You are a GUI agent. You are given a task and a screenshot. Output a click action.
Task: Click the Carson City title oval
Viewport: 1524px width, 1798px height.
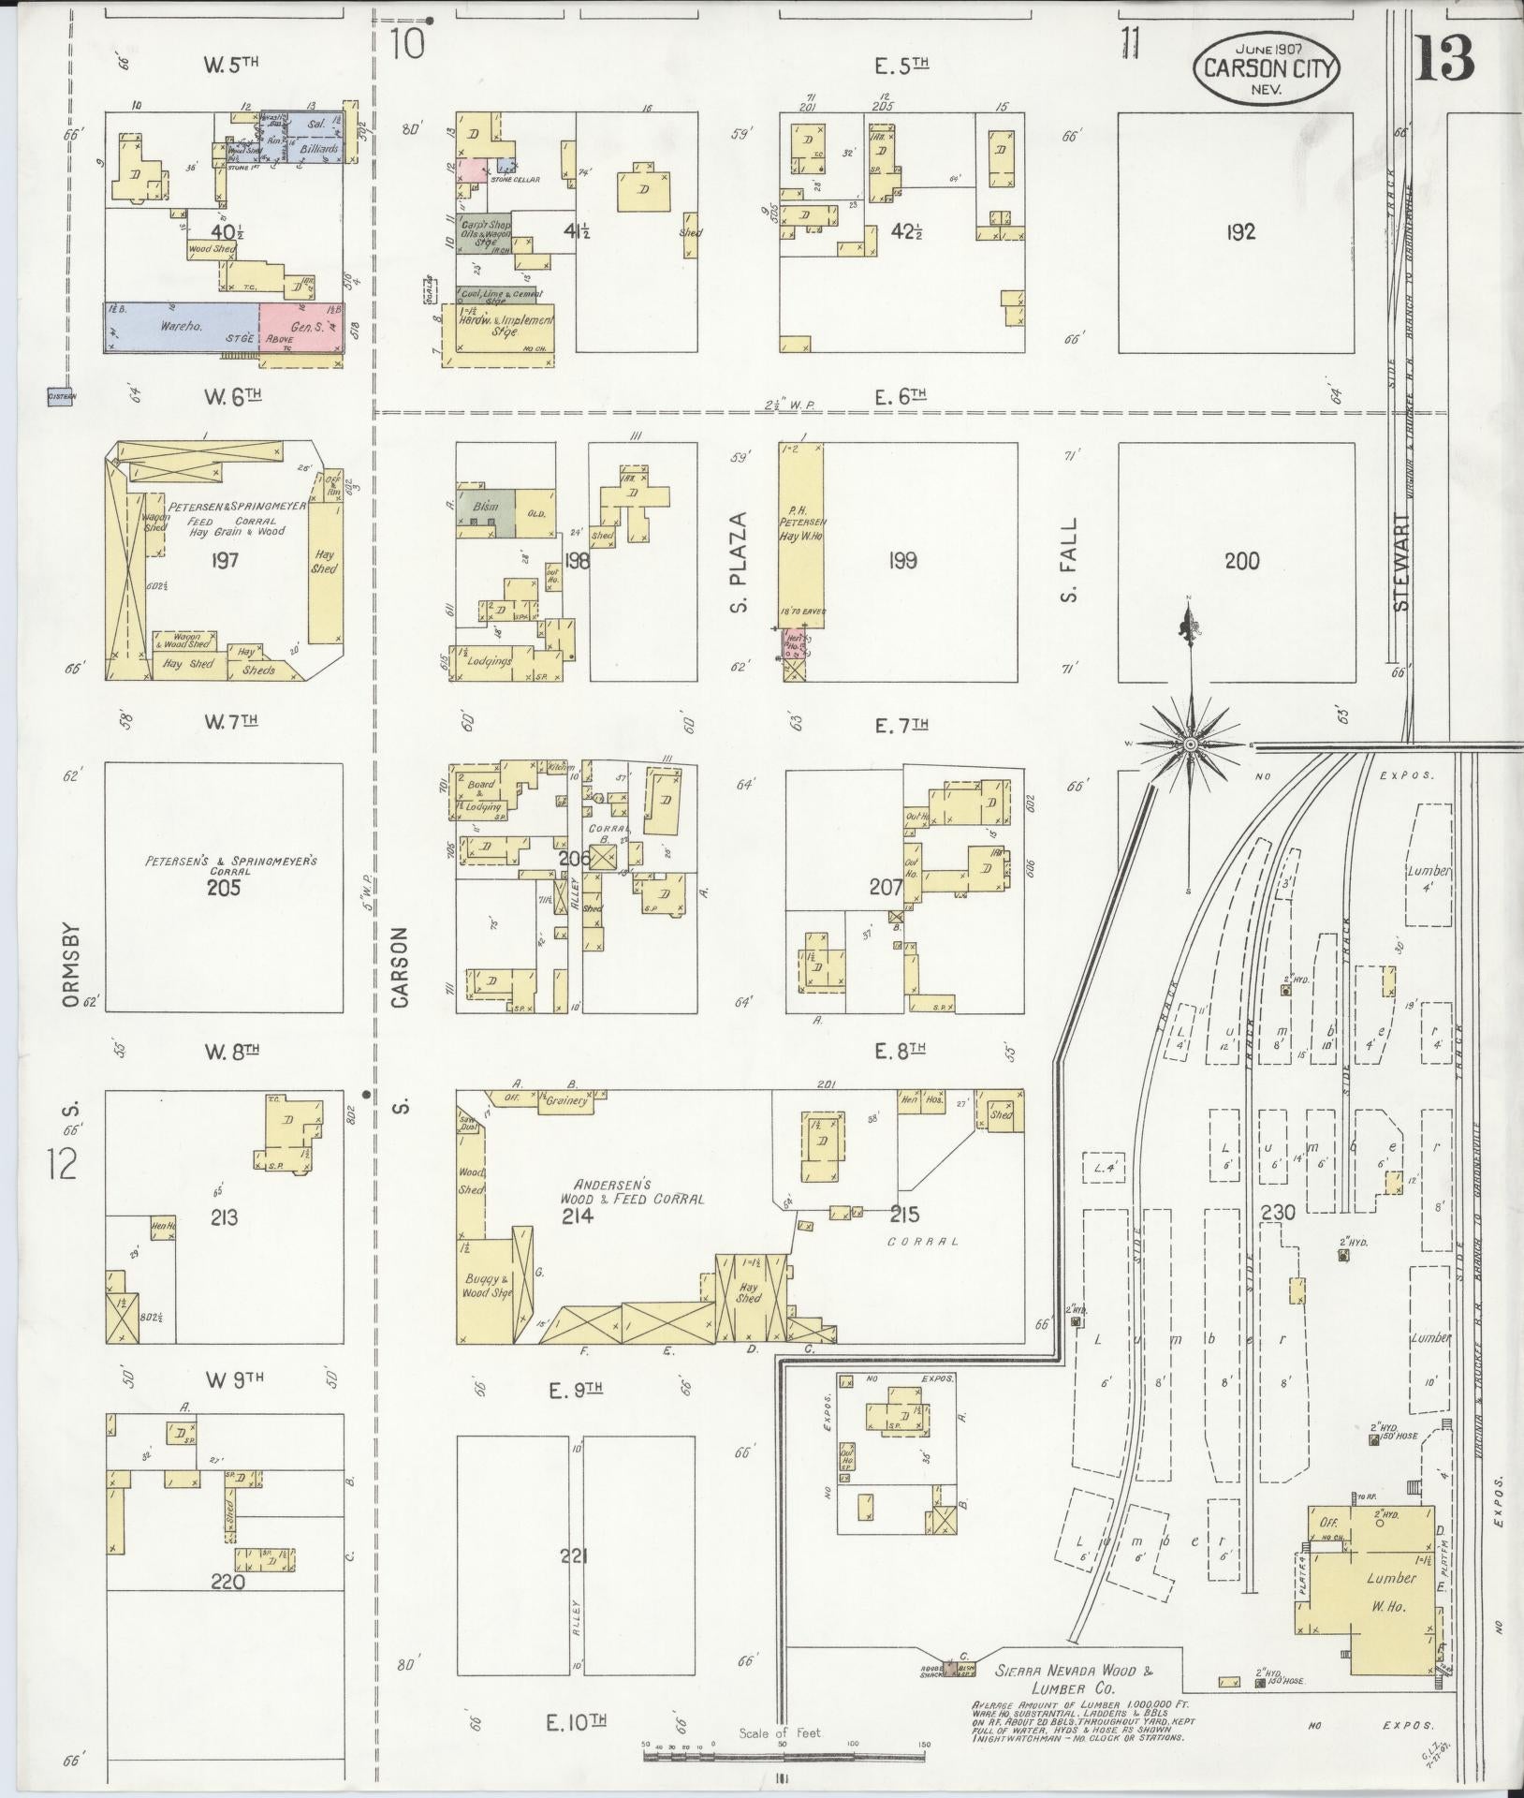click(x=1267, y=69)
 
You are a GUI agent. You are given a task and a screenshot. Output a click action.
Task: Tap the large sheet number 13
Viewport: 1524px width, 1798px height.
click(x=1443, y=58)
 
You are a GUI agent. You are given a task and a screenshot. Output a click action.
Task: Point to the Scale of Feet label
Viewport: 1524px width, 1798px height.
click(x=780, y=1732)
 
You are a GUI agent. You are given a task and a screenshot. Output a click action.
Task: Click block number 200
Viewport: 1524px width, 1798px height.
click(x=1241, y=561)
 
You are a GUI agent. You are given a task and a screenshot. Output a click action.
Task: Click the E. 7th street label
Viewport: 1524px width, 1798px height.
click(x=901, y=724)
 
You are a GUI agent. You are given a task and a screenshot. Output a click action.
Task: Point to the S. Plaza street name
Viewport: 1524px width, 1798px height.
click(x=740, y=562)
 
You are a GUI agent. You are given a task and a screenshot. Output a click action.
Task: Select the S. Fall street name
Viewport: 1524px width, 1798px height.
click(x=1070, y=561)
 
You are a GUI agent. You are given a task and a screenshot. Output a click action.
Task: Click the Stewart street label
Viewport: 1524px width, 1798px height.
click(x=1401, y=562)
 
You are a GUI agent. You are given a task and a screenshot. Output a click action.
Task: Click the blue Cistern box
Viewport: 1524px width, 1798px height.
click(x=62, y=396)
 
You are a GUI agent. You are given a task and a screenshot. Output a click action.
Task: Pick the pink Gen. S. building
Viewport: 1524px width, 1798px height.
click(x=300, y=328)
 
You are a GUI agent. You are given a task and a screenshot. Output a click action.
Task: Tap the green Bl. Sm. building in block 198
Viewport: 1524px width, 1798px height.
click(x=485, y=512)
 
